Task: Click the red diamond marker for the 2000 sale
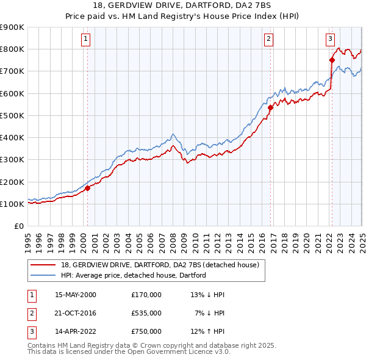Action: coord(87,188)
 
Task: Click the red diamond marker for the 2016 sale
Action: coord(270,107)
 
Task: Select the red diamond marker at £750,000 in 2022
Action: coord(332,60)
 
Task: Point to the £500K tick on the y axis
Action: coord(12,115)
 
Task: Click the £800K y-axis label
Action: coord(12,49)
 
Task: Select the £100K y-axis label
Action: coord(12,204)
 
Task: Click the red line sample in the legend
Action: coord(43,265)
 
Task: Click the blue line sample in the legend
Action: coord(43,275)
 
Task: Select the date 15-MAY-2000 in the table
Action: coord(76,295)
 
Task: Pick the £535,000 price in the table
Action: coord(146,313)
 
